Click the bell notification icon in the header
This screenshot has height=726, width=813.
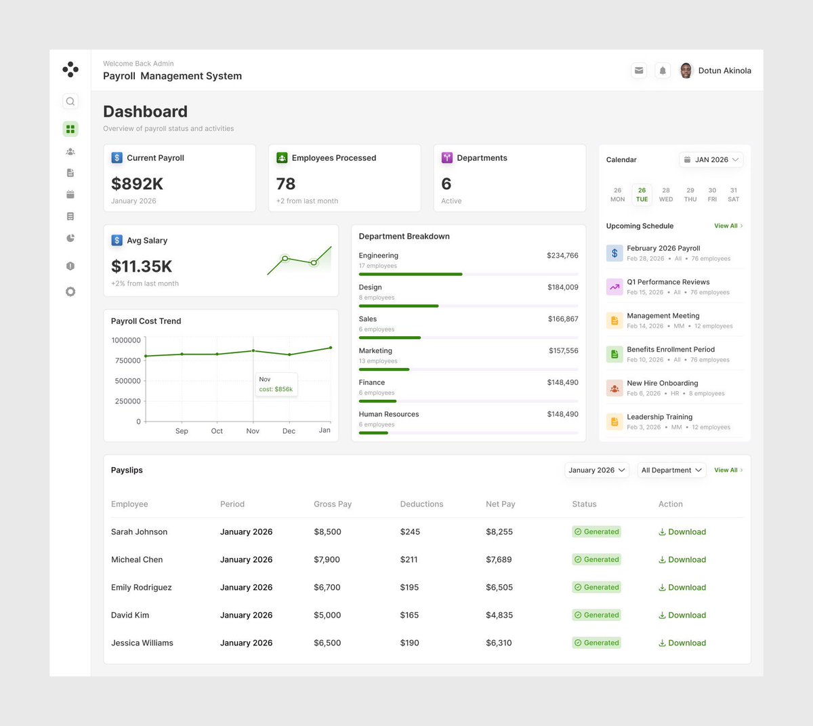tap(663, 70)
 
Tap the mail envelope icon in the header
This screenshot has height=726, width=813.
tap(639, 70)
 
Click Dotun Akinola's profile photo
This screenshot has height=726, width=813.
tap(686, 70)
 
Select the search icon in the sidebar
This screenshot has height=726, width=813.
tap(70, 101)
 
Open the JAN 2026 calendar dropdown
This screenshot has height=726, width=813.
tap(711, 159)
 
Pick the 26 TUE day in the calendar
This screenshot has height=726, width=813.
tap(642, 195)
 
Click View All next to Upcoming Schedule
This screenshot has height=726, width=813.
tap(728, 226)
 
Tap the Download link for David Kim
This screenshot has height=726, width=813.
tap(682, 615)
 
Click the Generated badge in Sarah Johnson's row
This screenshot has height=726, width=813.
tap(596, 531)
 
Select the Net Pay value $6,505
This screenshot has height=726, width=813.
tap(499, 587)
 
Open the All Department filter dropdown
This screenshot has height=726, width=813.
tap(671, 470)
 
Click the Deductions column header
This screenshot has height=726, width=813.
tap(421, 504)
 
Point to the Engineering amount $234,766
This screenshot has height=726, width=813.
tap(562, 256)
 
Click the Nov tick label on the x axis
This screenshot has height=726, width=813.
tap(253, 431)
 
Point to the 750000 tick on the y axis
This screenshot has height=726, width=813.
tap(127, 361)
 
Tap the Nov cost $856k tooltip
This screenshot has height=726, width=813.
tap(276, 384)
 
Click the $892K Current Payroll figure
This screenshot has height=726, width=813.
tap(137, 184)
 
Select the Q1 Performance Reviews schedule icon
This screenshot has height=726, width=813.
tap(614, 287)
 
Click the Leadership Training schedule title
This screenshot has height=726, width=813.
tap(659, 417)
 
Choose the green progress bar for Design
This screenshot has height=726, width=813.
tap(398, 306)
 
